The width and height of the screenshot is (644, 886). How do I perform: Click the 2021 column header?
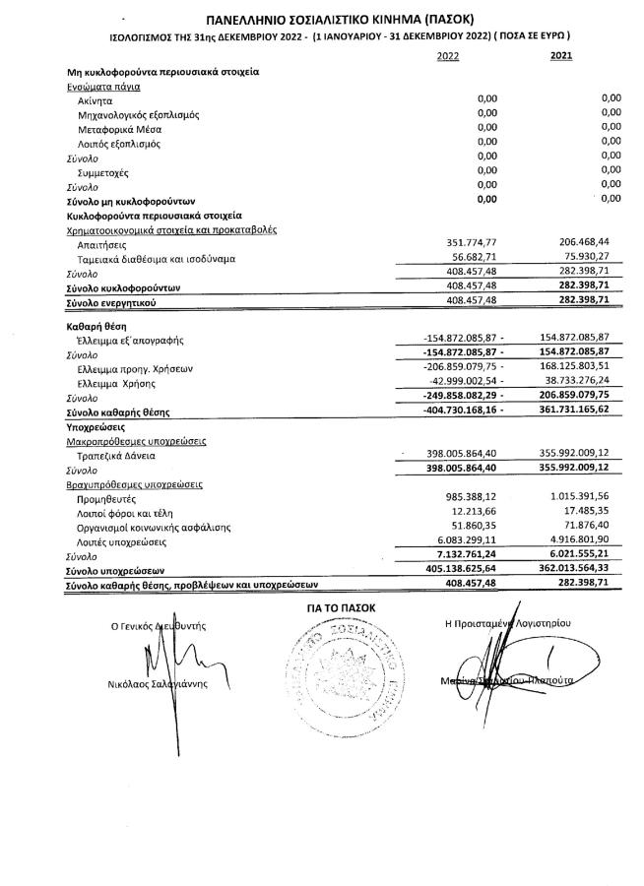coord(560,57)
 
